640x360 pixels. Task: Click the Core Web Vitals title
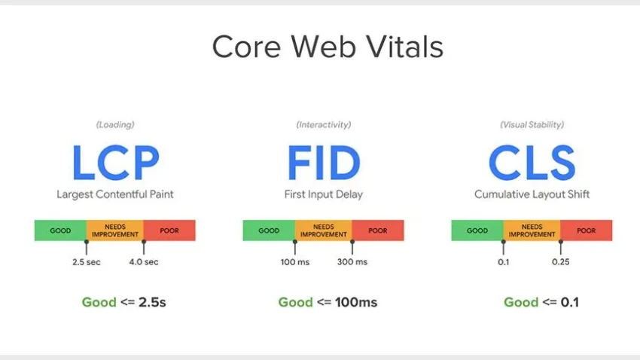(x=328, y=47)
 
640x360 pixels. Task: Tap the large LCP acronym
(x=115, y=163)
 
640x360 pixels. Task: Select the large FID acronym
(x=324, y=163)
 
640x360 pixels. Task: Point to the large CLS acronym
(x=532, y=163)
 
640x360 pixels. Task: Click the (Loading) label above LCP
(x=115, y=124)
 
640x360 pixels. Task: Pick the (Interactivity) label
(x=324, y=124)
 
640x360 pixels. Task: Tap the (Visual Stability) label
(x=532, y=124)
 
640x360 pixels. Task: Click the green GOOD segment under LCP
(x=60, y=230)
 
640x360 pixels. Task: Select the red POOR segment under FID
(x=378, y=230)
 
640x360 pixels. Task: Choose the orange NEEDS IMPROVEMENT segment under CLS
(x=532, y=230)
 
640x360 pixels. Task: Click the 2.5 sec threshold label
(x=86, y=262)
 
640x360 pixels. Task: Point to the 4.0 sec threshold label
(x=144, y=262)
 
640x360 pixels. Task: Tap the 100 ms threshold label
(x=294, y=262)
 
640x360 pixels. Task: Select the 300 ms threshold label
(x=352, y=262)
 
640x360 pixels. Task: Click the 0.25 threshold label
(x=560, y=262)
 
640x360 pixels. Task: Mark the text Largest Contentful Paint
(x=115, y=194)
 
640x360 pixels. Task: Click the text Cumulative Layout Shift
(x=532, y=194)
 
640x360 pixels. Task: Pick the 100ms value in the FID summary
(x=356, y=302)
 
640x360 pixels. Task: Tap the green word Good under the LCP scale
(x=99, y=302)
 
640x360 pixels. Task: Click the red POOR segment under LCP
(x=169, y=230)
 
